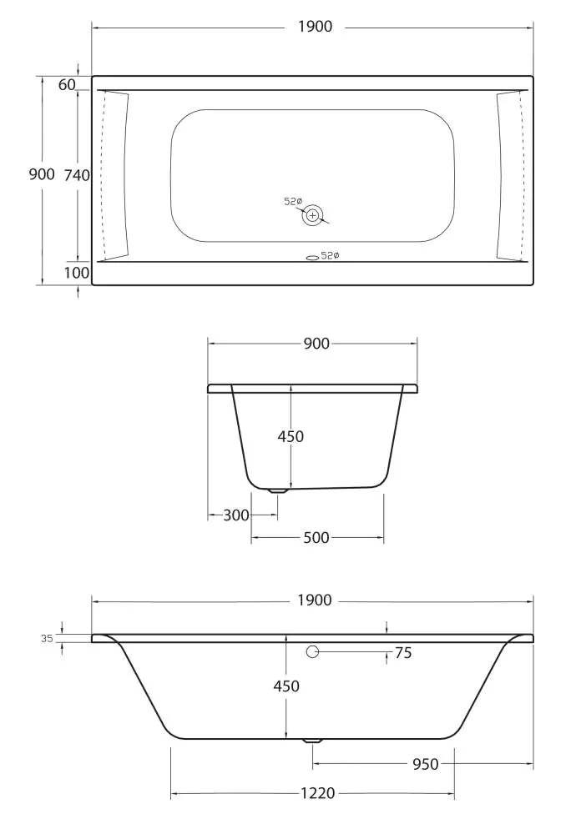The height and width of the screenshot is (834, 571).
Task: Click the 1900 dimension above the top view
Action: coord(315,27)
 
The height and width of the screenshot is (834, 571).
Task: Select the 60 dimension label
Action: coord(68,84)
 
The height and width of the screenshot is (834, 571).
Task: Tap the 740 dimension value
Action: coord(77,175)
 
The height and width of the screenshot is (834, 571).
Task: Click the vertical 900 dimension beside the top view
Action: coord(42,174)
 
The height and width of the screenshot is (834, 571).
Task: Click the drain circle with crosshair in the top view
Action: coord(312,215)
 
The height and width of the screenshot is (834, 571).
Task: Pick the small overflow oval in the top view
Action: coord(312,256)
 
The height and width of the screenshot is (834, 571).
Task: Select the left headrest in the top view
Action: coord(115,175)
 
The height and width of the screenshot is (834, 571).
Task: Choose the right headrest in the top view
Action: coord(509,175)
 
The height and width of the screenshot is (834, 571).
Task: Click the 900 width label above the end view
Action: coord(316,344)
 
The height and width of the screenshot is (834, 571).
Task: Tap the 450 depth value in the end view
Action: coord(291,436)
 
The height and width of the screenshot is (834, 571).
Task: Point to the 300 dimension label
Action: coord(236,515)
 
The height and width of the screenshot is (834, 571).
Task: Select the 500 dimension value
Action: coord(316,538)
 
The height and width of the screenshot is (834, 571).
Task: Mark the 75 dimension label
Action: coord(403,654)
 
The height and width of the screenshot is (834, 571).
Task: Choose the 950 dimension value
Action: coord(425,764)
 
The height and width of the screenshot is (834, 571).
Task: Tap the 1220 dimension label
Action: coord(317,793)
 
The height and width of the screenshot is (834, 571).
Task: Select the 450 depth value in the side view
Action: coord(285,686)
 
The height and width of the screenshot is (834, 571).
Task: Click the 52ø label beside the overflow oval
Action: coord(331,256)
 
